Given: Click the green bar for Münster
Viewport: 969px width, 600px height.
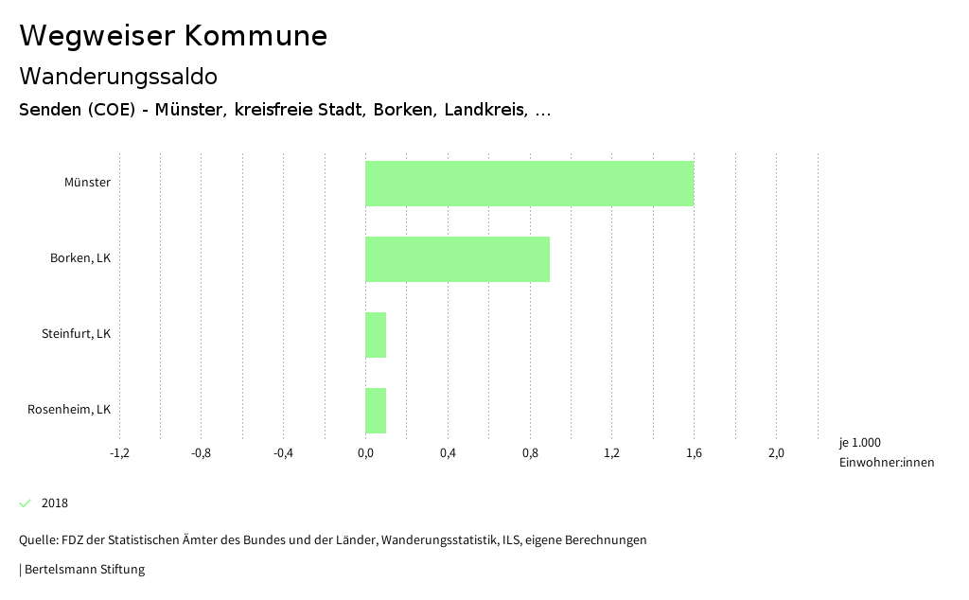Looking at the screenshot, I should (x=529, y=184).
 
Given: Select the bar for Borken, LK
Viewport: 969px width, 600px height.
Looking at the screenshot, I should (x=457, y=259).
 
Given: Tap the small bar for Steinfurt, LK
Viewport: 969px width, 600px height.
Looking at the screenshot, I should (x=376, y=335).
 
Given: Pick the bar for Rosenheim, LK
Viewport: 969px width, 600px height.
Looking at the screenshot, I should (x=376, y=411).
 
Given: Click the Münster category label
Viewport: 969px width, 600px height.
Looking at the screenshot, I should (x=87, y=183).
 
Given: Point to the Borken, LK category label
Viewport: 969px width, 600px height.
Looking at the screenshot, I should (x=80, y=258).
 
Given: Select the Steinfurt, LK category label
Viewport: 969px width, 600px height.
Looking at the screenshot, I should (x=76, y=334).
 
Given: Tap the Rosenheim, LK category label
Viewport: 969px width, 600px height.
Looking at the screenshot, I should (x=69, y=410).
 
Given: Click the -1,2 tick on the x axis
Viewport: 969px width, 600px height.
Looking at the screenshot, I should (x=119, y=453).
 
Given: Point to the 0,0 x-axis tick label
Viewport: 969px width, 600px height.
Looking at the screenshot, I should (x=365, y=453).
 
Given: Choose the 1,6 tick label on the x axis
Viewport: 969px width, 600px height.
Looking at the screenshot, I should (x=694, y=453).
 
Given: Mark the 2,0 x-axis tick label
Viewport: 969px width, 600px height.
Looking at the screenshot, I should (x=776, y=453).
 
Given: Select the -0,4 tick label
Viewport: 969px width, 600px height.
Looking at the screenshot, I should (x=283, y=453).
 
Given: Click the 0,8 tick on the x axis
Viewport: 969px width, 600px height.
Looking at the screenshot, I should (x=530, y=453).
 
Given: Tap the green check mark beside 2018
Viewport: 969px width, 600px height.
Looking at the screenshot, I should (x=26, y=503).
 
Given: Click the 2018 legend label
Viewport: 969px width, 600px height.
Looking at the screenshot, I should (x=55, y=503).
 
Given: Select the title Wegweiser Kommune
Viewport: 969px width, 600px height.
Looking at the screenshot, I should (x=173, y=36).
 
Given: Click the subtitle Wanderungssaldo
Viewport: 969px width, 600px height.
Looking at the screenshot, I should (x=118, y=76).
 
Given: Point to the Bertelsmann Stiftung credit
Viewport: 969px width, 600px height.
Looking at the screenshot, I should (x=83, y=570).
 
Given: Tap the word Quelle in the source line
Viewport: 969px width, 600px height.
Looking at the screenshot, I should (x=38, y=540).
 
